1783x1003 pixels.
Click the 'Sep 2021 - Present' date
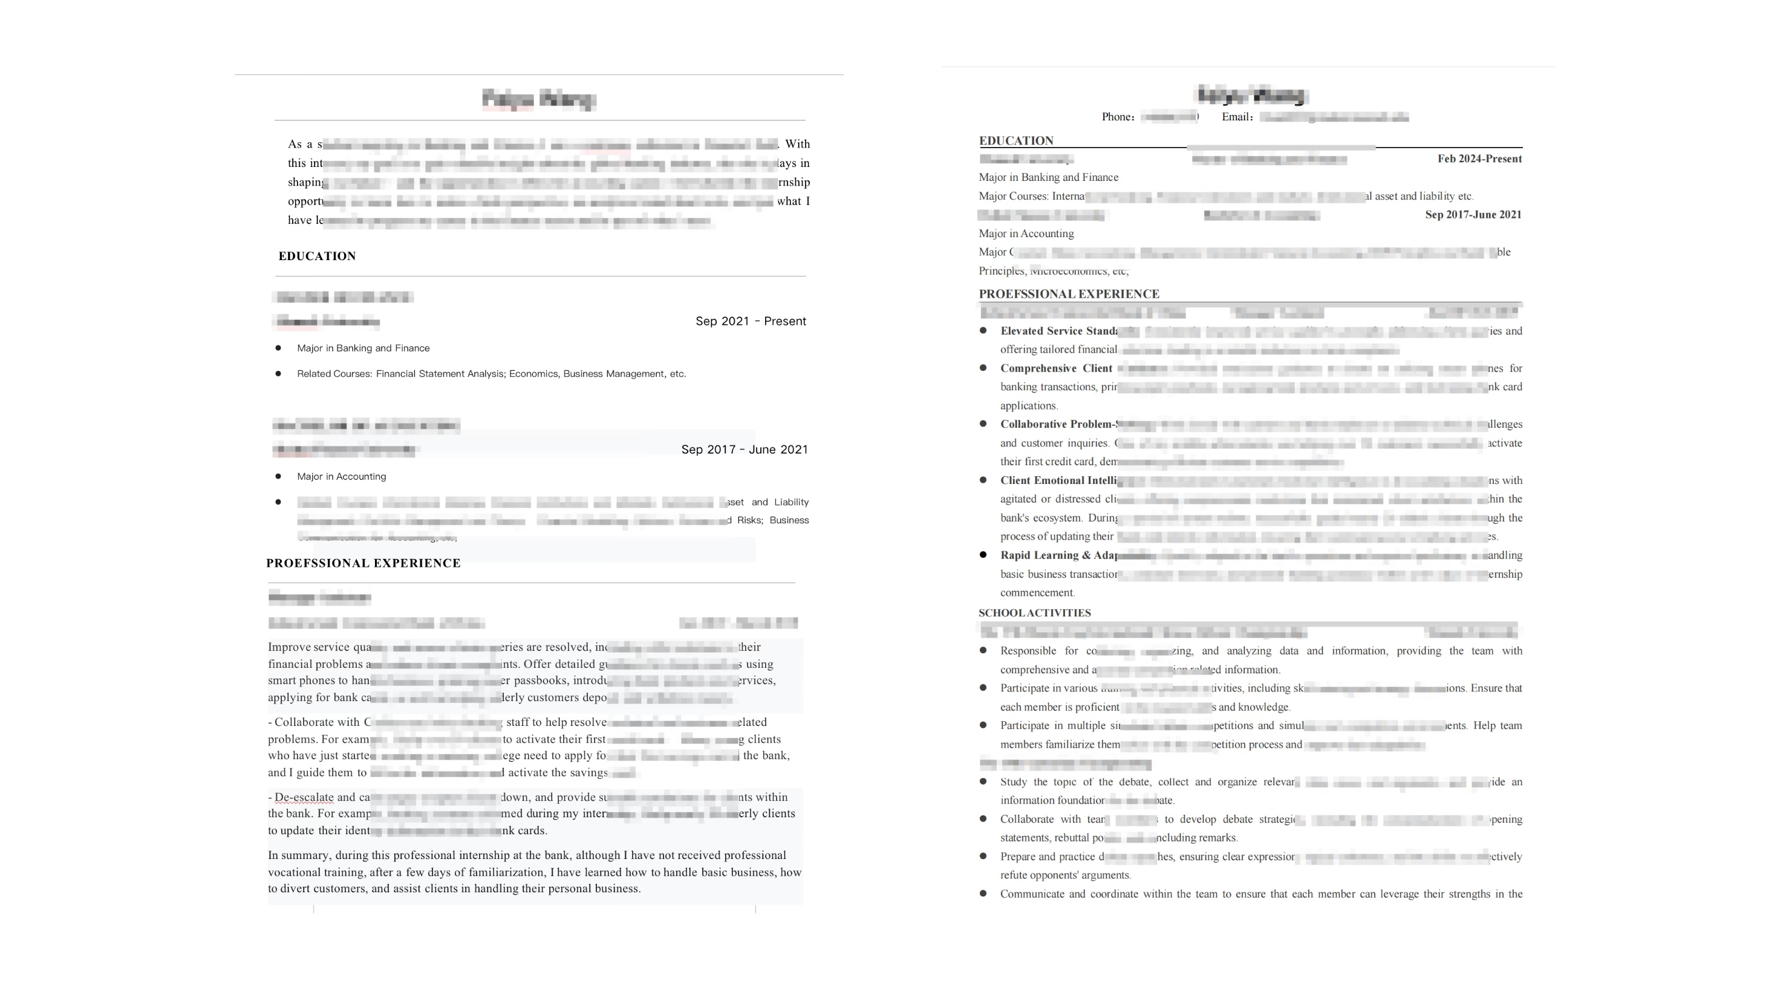tap(751, 321)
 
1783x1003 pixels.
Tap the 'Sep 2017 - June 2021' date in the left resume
tap(744, 450)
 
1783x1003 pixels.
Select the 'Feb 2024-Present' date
tap(1479, 159)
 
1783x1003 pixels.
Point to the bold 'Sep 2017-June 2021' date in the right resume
tap(1473, 215)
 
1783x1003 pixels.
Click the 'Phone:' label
tap(1118, 117)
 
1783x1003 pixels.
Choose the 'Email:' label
tap(1237, 117)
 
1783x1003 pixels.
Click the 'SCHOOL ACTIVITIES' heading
tap(1034, 613)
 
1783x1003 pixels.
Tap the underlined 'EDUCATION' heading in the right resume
tap(1016, 141)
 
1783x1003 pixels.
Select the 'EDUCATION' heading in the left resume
tap(317, 256)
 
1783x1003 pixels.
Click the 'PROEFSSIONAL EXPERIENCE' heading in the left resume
tap(363, 563)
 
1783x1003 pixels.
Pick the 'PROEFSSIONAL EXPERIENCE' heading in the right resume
tap(1069, 294)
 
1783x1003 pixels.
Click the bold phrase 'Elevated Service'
tap(1041, 331)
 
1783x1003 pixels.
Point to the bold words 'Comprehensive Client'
tap(1055, 368)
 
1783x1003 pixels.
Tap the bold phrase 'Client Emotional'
tap(1042, 480)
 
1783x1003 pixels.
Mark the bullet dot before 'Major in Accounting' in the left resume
tap(278, 477)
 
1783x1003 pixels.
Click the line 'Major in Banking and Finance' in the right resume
tap(1048, 178)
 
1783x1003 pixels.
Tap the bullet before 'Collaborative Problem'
tap(983, 424)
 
